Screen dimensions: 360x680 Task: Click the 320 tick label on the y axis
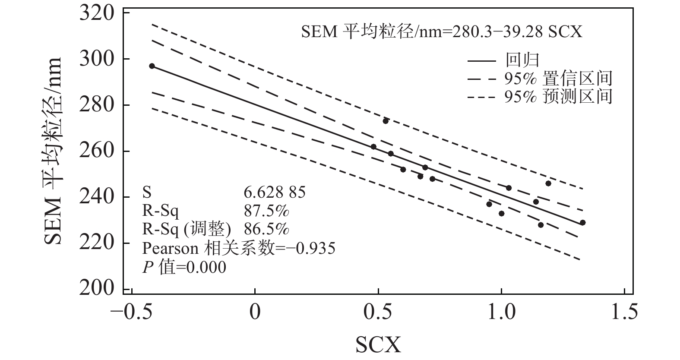click(97, 13)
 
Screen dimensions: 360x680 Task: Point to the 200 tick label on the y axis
click(97, 289)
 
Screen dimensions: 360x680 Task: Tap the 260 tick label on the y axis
click(97, 151)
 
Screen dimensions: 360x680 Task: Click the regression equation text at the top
click(441, 32)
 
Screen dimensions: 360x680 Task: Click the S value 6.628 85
click(275, 192)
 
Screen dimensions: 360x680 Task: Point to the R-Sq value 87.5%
click(266, 211)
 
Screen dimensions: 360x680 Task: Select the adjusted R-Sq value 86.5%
click(266, 229)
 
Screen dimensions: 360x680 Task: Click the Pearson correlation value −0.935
click(311, 248)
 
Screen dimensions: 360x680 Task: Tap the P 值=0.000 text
click(184, 267)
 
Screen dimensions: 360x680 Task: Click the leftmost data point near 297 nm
click(152, 66)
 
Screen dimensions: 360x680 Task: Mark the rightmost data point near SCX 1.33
click(582, 223)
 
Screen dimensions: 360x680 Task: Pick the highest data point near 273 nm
click(386, 121)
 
